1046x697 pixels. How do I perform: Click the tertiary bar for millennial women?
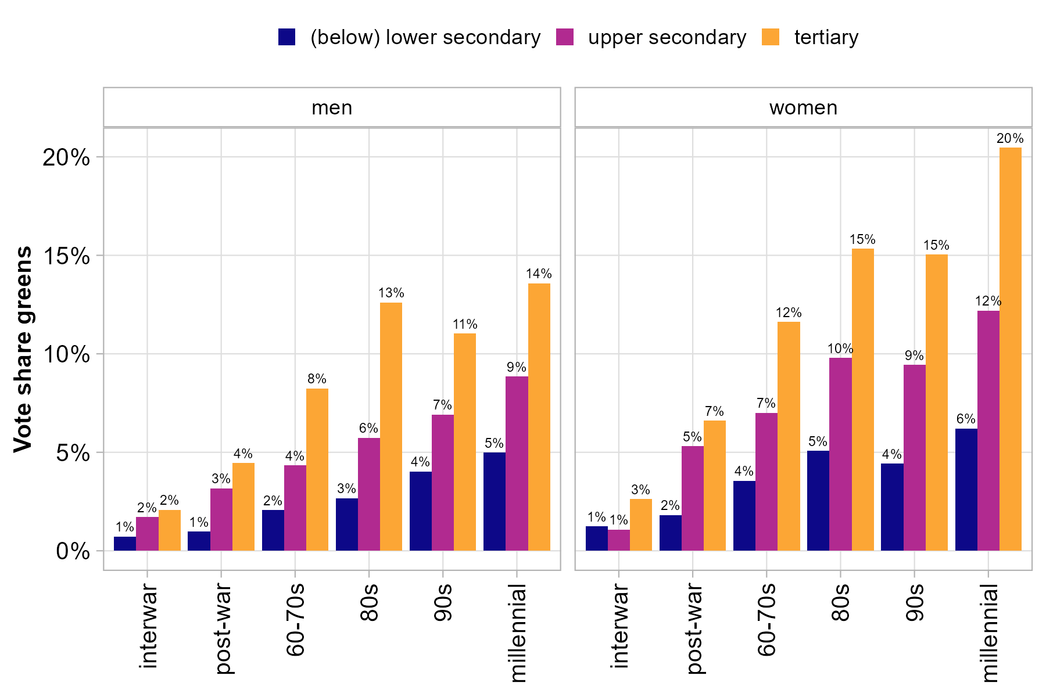[1010, 348]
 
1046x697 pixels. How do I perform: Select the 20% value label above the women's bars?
[1010, 139]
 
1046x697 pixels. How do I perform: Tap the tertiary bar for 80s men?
[391, 427]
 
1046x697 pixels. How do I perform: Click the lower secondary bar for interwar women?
[596, 538]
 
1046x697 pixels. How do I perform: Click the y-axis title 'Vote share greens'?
[23, 348]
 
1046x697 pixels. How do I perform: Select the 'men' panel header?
[332, 108]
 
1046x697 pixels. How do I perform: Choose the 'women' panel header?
[803, 108]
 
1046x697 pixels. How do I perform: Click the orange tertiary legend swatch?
[770, 37]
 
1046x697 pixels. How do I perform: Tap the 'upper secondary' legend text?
[667, 37]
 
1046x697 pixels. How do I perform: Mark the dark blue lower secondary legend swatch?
[287, 37]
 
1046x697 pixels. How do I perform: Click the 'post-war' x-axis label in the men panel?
[224, 630]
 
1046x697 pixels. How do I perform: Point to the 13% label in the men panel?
[391, 293]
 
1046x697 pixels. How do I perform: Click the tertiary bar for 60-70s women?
[789, 436]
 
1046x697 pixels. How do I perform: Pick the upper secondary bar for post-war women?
[693, 498]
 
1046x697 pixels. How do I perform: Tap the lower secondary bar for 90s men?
[421, 511]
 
